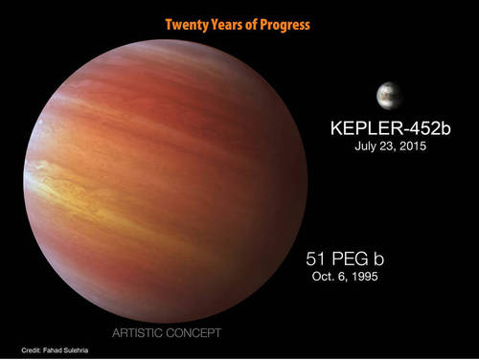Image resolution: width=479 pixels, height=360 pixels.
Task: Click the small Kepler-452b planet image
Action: tap(390, 96)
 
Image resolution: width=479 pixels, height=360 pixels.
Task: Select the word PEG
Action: tap(353, 259)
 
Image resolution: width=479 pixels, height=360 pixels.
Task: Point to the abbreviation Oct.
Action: tap(321, 279)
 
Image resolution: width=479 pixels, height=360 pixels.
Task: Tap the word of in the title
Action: tap(254, 24)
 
